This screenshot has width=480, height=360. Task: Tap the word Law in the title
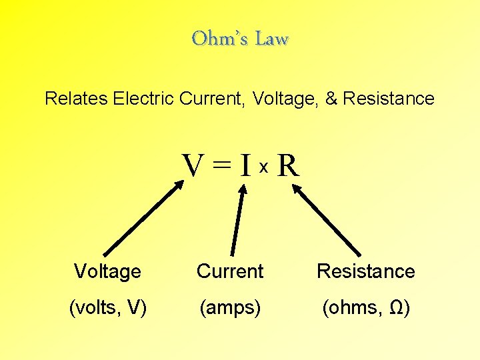[x=272, y=39]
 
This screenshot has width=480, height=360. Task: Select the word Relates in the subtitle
[x=76, y=99]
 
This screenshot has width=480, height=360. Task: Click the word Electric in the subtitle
[x=146, y=99]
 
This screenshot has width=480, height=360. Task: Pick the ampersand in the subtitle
[x=331, y=99]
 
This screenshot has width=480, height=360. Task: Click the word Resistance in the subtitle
[x=389, y=99]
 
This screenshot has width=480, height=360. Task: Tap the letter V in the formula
[x=194, y=166]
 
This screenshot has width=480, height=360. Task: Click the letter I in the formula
[x=245, y=166]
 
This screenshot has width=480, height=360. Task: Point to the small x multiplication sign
[x=263, y=169]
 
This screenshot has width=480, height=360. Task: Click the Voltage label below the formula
[x=107, y=271]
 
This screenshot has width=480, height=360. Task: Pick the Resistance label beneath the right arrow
[x=365, y=271]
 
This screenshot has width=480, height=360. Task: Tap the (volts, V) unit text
[x=108, y=309]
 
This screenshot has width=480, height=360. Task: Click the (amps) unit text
[x=230, y=309]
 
